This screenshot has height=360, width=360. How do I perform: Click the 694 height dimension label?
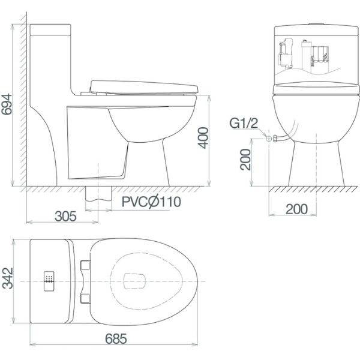pos(6,104)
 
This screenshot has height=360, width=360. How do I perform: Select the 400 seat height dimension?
pos(203,138)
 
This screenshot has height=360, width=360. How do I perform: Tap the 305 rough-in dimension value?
pos(65,216)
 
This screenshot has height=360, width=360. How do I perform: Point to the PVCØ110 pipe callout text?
pos(151,202)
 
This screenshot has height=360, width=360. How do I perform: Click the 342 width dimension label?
pos(8,278)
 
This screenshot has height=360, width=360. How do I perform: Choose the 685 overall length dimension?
pos(116,338)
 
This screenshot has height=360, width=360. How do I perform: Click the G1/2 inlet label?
pos(244,123)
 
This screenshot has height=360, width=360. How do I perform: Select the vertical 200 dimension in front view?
pos(245,160)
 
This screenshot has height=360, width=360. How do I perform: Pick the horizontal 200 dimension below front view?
pos(296,209)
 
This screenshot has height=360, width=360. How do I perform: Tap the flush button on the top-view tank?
pos(49,281)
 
